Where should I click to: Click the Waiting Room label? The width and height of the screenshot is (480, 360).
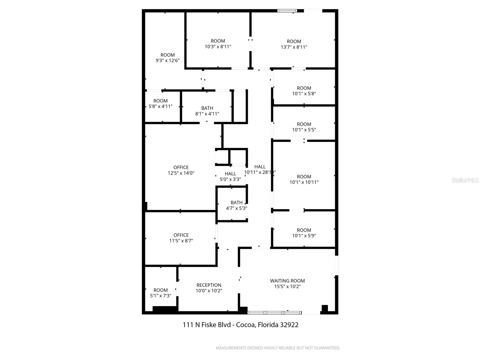tap(287, 281)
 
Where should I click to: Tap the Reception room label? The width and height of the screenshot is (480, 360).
tap(209, 285)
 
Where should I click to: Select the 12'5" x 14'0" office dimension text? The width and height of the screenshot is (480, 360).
tap(181, 173)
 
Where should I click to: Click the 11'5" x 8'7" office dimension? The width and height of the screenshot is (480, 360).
tap(181, 241)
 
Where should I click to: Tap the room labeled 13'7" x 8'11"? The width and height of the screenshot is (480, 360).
tap(294, 44)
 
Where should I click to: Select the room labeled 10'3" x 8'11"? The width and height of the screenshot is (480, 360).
tap(218, 44)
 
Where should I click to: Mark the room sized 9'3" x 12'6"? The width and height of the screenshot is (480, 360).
tap(167, 58)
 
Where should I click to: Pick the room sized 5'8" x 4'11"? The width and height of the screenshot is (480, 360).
tap(160, 103)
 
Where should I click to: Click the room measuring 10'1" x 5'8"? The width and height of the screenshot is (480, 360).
tap(304, 91)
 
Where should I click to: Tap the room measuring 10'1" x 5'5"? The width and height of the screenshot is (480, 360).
tap(304, 127)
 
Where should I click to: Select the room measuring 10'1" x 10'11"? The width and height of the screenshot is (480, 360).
tap(304, 179)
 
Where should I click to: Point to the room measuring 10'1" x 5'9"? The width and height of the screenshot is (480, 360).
tap(304, 233)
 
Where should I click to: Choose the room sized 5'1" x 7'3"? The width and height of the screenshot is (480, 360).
tap(160, 293)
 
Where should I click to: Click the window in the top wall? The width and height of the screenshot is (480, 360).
tap(287, 11)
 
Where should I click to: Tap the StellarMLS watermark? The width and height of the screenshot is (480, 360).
tap(465, 180)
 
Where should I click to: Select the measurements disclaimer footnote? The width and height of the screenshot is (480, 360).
tap(278, 348)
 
